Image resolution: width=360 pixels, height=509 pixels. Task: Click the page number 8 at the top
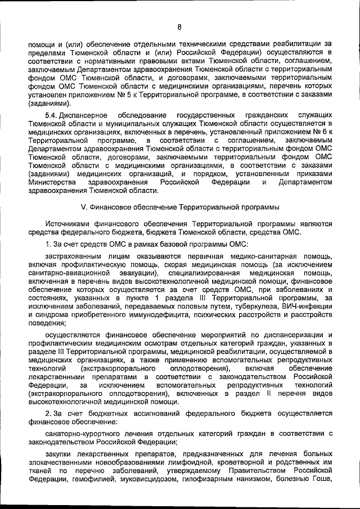(x=179, y=26)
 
